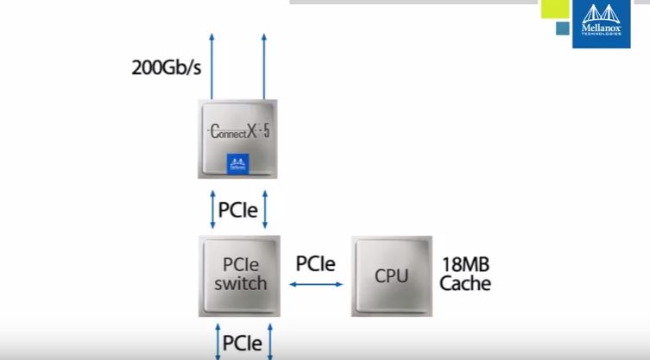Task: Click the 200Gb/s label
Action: coord(167,66)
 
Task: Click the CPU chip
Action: coord(390,275)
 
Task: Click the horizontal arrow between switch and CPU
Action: coord(316,284)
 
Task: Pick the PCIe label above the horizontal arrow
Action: coord(315,262)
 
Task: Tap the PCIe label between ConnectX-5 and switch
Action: coord(238,210)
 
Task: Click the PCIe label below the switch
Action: coord(243,342)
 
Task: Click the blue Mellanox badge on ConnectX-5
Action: coord(237,162)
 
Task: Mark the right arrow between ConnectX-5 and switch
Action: coord(264,210)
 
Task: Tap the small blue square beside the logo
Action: coord(562,28)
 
